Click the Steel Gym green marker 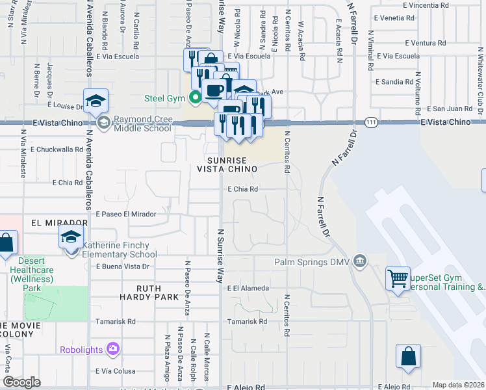tap(194, 99)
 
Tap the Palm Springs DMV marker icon tap(359, 262)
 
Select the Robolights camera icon tap(114, 349)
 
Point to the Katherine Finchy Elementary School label tap(120, 250)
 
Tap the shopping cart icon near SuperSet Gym tap(398, 279)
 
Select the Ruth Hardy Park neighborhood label tap(148, 292)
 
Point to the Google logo tap(21, 382)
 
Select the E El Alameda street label tap(247, 288)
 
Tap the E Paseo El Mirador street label tap(126, 214)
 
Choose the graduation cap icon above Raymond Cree tap(96, 100)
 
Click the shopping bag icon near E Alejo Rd tap(408, 356)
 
